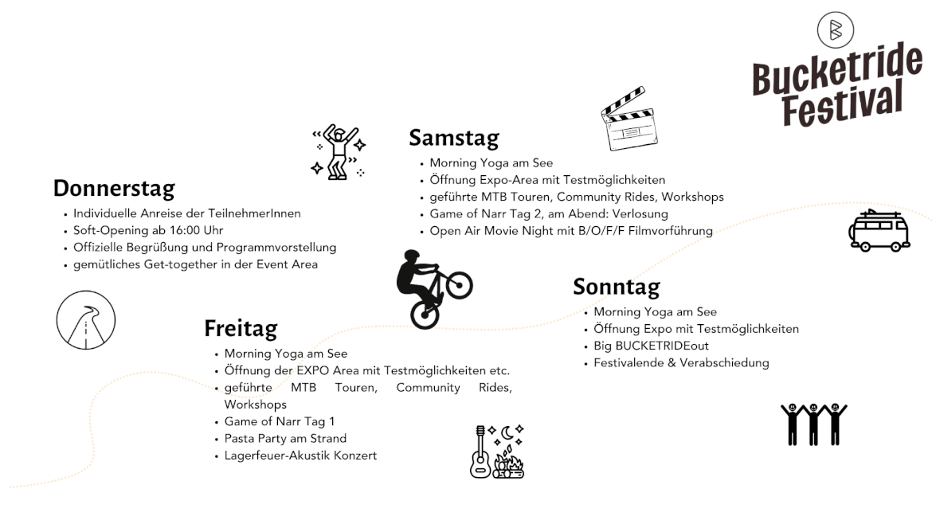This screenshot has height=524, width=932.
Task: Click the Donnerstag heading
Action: [114, 189]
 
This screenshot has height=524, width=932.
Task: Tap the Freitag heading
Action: [241, 328]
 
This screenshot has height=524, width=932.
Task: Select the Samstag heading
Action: [454, 138]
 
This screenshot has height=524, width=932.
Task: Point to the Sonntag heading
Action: [617, 287]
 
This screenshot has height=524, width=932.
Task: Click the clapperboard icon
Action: [629, 119]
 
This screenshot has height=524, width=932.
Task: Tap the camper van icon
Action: [879, 230]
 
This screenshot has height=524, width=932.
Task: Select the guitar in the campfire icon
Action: [480, 452]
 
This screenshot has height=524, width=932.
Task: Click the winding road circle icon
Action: [86, 319]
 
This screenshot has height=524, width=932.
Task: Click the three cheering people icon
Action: [814, 424]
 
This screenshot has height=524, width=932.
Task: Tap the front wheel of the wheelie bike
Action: [459, 285]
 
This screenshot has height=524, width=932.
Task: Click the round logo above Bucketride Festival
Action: [835, 29]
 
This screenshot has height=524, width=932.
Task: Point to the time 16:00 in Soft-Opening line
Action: [184, 230]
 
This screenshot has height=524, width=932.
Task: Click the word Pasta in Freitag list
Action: [238, 439]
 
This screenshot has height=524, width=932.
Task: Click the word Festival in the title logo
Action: [842, 104]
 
